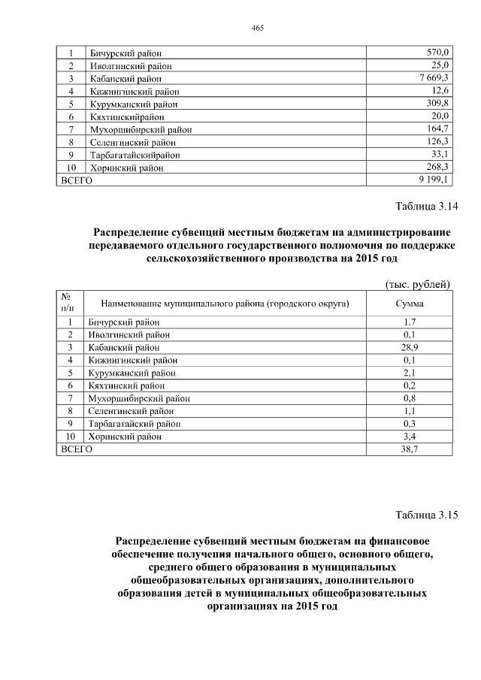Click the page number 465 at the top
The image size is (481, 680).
click(257, 28)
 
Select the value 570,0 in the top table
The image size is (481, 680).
click(437, 52)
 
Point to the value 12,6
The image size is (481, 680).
click(440, 90)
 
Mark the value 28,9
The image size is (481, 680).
click(409, 347)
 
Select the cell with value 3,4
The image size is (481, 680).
click(409, 436)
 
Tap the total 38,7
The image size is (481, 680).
click(409, 449)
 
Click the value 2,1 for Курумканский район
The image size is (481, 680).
click(409, 373)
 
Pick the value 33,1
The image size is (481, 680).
click(440, 155)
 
